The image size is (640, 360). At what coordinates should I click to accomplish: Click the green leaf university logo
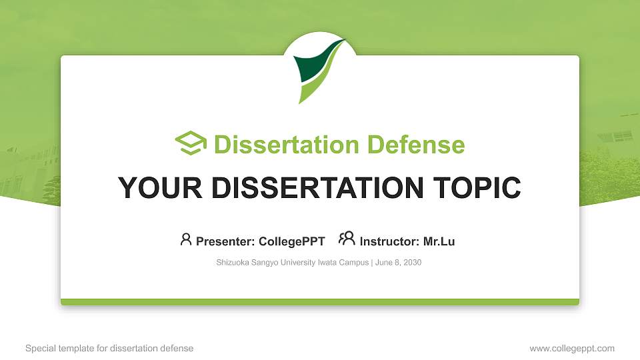[x=318, y=70]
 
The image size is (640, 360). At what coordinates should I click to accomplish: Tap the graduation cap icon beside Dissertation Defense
[x=191, y=143]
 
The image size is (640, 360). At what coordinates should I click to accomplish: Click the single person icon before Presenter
[x=186, y=239]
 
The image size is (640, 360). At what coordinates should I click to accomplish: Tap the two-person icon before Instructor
[x=347, y=239]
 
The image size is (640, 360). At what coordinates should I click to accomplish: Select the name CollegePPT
[x=292, y=241]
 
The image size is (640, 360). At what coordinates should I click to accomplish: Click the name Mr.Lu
[x=439, y=241]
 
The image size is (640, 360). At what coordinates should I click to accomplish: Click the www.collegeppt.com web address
[x=572, y=348]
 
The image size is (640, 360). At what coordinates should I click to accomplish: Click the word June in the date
[x=385, y=263]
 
